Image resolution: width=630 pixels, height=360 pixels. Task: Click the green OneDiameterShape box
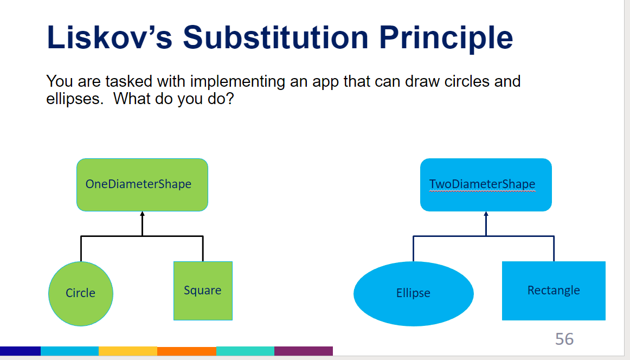142,184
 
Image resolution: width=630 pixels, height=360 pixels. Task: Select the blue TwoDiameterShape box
486,184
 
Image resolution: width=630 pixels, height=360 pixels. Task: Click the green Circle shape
81,293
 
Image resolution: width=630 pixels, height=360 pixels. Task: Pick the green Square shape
203,291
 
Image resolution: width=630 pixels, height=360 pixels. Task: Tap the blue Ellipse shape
413,293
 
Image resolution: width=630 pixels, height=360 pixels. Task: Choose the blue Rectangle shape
554,291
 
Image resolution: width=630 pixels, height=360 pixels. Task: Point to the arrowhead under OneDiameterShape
142,215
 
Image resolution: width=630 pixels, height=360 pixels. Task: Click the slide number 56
564,339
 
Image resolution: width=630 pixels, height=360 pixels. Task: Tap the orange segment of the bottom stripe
187,351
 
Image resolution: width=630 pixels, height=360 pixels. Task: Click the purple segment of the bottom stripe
304,351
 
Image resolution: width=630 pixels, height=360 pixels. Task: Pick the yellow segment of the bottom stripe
128,351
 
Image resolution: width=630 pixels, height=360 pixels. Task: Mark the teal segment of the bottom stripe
245,351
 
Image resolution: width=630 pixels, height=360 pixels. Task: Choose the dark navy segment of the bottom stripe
20,351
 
